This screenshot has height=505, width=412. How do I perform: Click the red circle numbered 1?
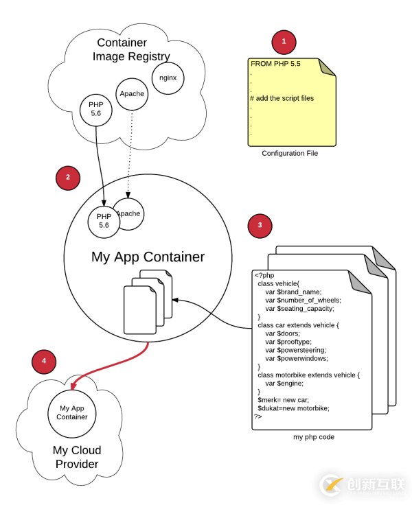pos(284,42)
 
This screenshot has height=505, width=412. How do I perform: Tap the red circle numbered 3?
pos(260,224)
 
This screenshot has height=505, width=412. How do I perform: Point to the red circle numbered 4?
pos(44,361)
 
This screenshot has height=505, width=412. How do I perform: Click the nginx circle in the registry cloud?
pos(168,78)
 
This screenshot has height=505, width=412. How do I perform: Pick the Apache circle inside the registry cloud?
pos(132,93)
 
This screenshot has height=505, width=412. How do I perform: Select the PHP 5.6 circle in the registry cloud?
pos(95,108)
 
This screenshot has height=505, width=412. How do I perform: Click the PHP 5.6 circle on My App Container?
pos(104,220)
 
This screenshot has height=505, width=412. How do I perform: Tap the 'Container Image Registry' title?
pos(131,49)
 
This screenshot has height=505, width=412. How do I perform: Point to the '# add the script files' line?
pos(282,98)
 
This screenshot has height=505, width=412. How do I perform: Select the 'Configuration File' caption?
pos(290,154)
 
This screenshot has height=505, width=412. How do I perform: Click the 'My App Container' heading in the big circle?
pos(148,257)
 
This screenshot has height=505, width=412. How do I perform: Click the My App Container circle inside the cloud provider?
pos(72,412)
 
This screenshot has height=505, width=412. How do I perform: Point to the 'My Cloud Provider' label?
pos(77,457)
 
